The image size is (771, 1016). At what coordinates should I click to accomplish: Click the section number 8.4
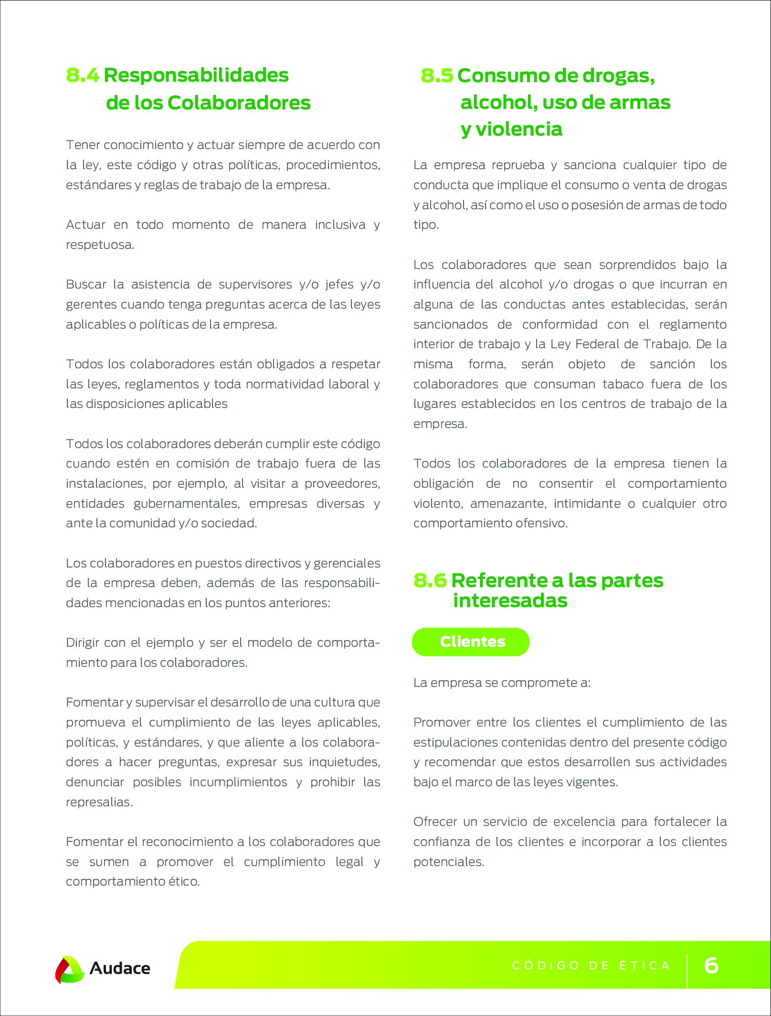83,75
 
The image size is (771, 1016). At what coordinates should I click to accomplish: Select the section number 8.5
436,76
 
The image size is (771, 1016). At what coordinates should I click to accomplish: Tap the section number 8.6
430,580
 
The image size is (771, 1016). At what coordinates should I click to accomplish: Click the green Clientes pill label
471,642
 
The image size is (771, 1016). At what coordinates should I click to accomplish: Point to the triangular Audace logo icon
69,969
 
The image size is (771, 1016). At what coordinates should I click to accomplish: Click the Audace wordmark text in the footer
120,968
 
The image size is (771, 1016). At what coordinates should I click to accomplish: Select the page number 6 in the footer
711,965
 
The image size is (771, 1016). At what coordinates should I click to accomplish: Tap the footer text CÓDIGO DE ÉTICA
591,965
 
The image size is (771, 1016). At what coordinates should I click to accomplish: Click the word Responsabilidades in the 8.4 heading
196,75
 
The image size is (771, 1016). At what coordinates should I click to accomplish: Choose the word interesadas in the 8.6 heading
510,601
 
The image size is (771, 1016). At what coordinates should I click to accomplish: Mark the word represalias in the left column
99,802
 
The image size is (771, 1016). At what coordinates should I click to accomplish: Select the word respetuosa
100,245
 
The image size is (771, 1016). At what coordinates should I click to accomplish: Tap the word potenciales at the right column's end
449,862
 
